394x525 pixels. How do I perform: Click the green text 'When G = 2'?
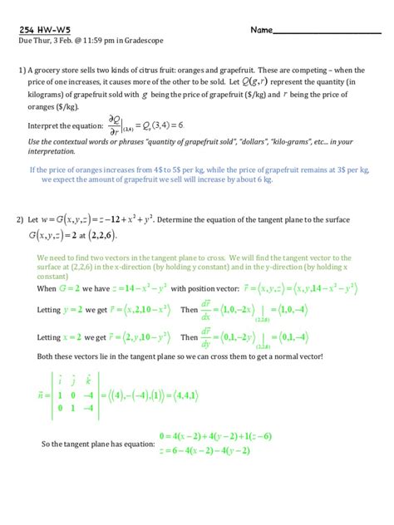60,288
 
